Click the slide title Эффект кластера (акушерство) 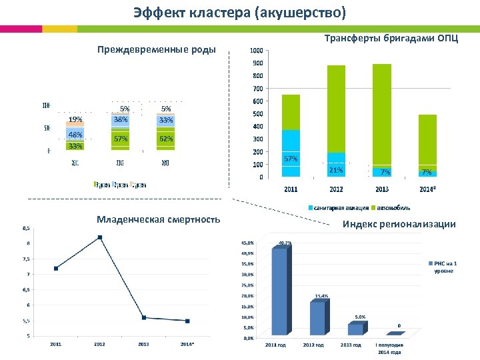(x=239, y=13)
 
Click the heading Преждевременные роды (x=156, y=49)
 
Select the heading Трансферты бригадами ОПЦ (x=391, y=38)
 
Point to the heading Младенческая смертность (x=158, y=219)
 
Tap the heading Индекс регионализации (x=399, y=224)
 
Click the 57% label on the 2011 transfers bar (x=291, y=159)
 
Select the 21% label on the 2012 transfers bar (x=336, y=171)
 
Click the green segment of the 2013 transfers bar (x=382, y=113)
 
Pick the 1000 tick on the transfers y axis (x=256, y=51)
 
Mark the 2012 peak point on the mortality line (x=99, y=237)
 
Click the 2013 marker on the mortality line (x=144, y=317)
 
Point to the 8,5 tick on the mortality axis (x=26, y=228)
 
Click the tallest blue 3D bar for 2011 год (x=279, y=290)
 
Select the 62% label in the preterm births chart (x=166, y=139)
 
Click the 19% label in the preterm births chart (x=75, y=120)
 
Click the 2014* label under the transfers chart (x=427, y=189)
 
